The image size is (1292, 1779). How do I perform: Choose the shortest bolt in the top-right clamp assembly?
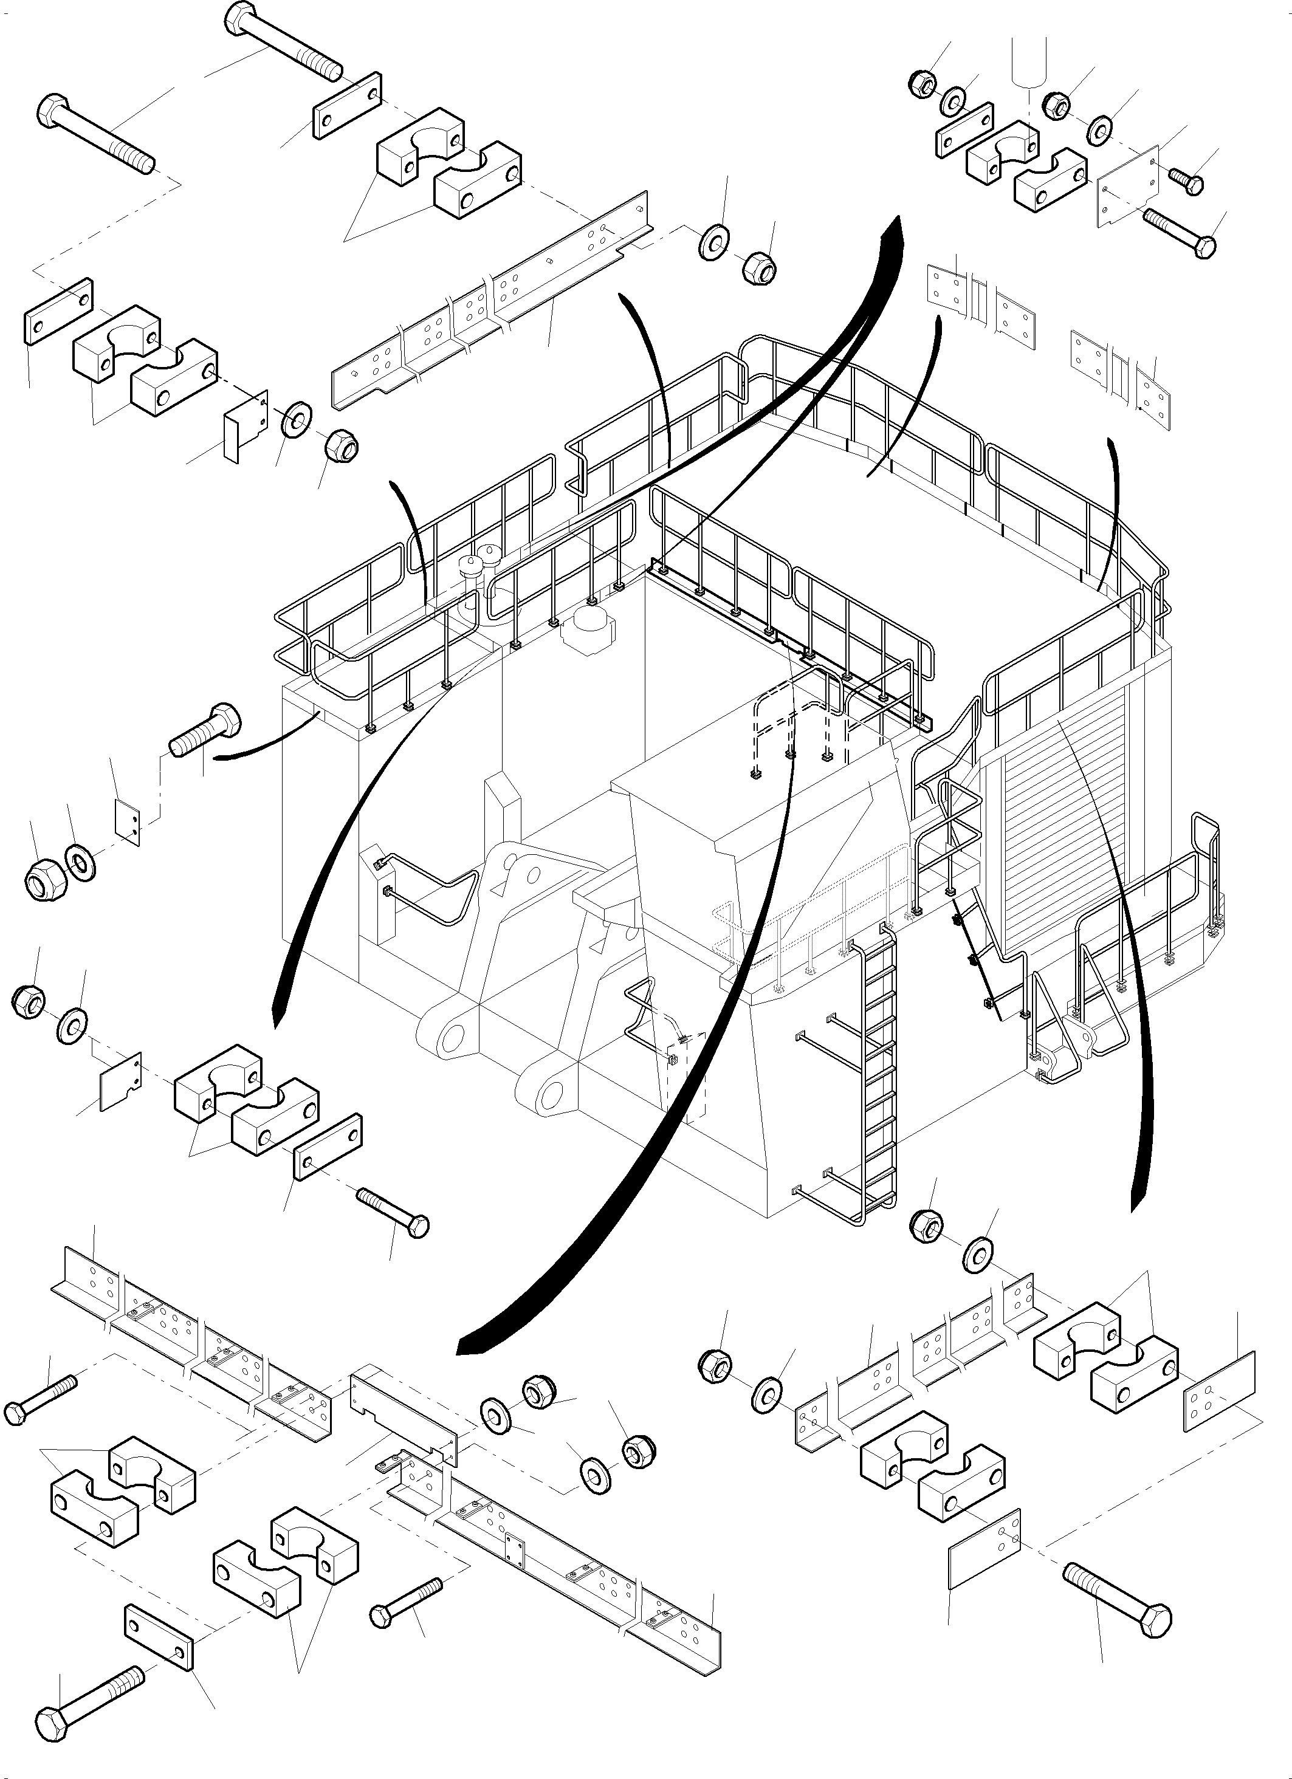pyautogui.click(x=1187, y=181)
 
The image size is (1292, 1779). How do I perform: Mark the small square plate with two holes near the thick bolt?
pyautogui.click(x=128, y=822)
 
